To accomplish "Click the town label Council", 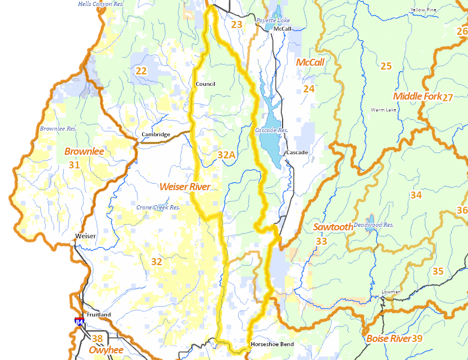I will tap(205, 84).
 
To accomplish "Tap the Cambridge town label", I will tap(156, 134).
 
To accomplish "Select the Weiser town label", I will tap(86, 236).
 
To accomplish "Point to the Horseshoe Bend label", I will tap(272, 344).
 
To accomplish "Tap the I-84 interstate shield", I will tap(80, 322).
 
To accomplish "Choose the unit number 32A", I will tap(226, 155).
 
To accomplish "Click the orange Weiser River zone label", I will tap(185, 187).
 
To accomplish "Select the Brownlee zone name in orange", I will tap(84, 152).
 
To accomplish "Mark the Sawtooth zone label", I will tap(333, 227).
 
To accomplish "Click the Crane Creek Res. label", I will tap(158, 208).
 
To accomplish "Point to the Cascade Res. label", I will tap(271, 130).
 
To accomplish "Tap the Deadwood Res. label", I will tap(373, 224).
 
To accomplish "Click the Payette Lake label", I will tap(273, 20).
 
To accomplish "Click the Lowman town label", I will tap(391, 292).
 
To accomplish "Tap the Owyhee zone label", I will tap(106, 350).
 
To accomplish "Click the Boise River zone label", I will tap(388, 339).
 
